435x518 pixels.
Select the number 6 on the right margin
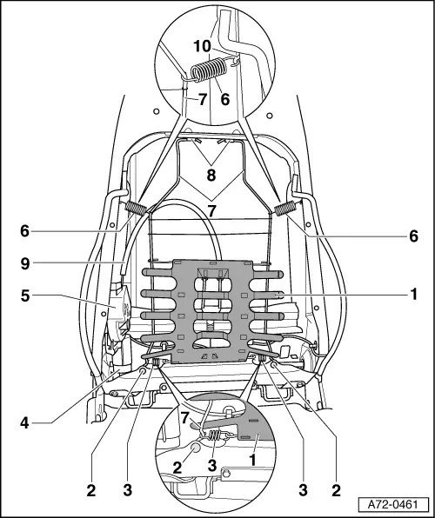coord(414,236)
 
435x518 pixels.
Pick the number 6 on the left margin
coord(26,230)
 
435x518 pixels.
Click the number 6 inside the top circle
coord(224,100)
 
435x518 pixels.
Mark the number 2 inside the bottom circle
coord(178,468)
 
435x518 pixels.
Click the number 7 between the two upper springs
coord(211,210)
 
